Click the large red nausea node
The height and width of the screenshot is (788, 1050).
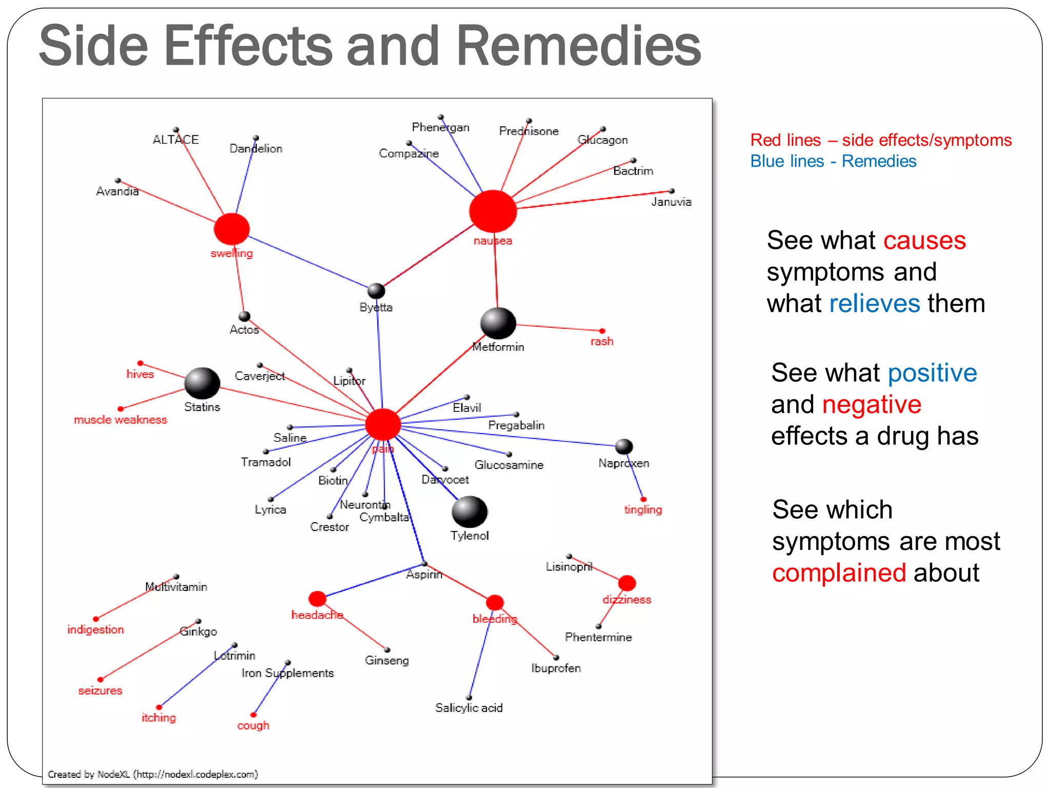(493, 211)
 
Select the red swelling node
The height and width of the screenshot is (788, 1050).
(232, 229)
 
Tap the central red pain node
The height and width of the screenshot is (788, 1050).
(383, 424)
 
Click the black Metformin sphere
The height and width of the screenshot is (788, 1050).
(498, 323)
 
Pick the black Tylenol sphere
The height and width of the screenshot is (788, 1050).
(469, 511)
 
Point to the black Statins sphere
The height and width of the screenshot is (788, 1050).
(202, 383)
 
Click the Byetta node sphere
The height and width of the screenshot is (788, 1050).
(376, 291)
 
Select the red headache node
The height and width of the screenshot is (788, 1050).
(317, 599)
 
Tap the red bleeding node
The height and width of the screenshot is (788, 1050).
(495, 603)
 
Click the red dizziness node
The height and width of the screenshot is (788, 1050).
(627, 583)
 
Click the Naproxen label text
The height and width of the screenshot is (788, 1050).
(623, 463)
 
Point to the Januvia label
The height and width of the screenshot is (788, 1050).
(671, 202)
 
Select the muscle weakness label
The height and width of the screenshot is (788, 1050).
(120, 420)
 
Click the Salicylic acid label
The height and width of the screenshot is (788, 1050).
(469, 708)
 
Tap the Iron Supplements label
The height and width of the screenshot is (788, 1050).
(288, 673)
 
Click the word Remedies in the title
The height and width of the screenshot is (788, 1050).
(578, 46)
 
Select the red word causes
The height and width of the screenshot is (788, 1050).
(924, 240)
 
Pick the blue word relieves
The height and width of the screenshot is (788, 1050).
(875, 303)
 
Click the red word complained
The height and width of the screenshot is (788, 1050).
(839, 573)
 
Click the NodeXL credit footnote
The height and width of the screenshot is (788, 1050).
(153, 774)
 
